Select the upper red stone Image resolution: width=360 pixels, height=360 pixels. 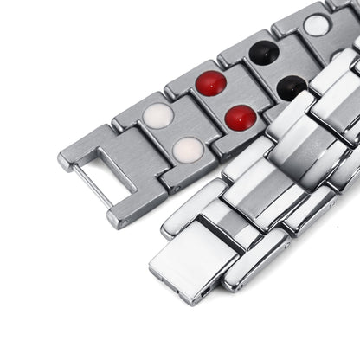pos(210,83)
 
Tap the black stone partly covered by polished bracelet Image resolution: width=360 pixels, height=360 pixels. pos(291,87)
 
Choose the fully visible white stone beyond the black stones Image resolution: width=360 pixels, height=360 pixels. pos(317,25)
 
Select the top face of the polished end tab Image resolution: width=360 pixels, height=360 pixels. pos(186,251)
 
